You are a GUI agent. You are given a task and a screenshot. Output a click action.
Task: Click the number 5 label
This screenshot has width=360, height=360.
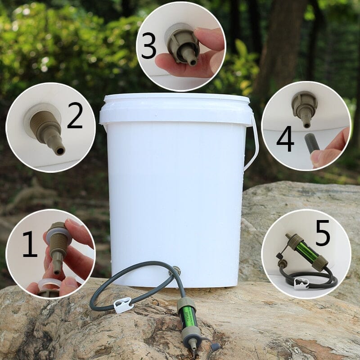[323, 234]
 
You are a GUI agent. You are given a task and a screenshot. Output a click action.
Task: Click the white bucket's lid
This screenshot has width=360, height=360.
[176, 108]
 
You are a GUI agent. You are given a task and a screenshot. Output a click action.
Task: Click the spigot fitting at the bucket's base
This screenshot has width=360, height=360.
[177, 271]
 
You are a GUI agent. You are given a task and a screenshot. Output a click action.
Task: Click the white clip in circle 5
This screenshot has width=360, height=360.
[301, 283]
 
